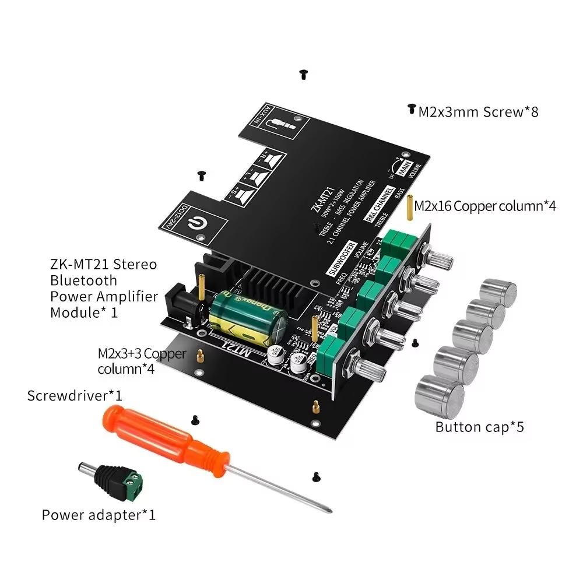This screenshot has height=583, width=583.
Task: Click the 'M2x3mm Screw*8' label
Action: point(478,111)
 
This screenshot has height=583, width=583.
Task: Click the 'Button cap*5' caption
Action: point(479,427)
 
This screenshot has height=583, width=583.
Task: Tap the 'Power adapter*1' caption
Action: point(99,515)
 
